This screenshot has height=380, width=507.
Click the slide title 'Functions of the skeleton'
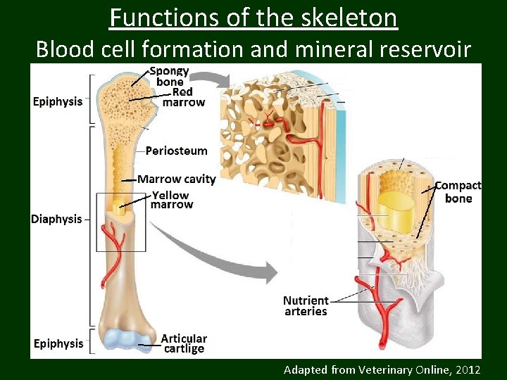pos(254,17)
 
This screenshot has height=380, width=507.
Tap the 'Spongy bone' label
pos(169,77)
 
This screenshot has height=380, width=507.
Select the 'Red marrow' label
pos(184,97)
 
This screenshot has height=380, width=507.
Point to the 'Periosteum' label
pos(176,151)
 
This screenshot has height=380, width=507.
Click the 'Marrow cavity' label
pos(176,179)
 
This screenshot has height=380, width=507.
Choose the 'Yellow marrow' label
pos(172,200)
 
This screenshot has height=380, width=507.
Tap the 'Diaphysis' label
pos(56,219)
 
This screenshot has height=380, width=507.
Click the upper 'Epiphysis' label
pos(58,101)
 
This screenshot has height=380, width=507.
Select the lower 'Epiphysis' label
pos(58,343)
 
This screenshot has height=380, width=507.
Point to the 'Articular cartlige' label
pos(184,343)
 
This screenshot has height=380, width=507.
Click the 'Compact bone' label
pos(458,192)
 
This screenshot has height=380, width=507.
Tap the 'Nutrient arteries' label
pos(306,306)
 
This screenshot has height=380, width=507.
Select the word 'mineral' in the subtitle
pos(325,49)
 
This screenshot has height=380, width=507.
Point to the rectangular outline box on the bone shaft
pos(120,222)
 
